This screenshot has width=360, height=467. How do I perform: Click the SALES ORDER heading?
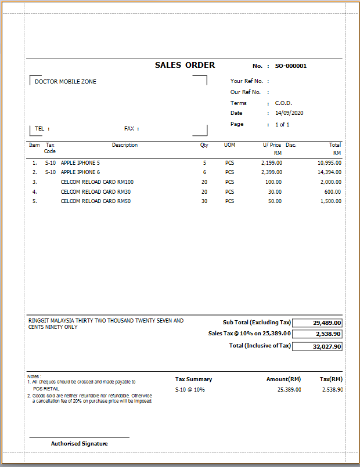185,66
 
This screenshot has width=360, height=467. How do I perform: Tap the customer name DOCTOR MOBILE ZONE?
66,82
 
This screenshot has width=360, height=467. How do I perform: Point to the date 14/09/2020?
289,113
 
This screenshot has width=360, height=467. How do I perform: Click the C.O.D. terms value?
283,103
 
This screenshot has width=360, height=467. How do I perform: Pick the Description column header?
125,145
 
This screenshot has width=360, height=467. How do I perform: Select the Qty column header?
204,145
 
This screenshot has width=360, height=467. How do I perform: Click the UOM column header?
229,145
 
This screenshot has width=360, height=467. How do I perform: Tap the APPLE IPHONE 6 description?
80,172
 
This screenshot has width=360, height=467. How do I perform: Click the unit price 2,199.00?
271,163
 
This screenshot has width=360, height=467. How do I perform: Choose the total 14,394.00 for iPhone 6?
329,172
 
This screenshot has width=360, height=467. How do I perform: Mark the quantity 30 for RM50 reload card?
204,201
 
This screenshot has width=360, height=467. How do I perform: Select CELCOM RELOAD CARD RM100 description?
97,182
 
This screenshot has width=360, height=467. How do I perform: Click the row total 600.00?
333,191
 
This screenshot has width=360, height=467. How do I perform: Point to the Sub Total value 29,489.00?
327,323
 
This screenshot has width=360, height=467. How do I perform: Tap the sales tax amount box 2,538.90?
328,334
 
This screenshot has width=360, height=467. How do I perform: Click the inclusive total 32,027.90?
327,346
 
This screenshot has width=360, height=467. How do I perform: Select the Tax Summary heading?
193,379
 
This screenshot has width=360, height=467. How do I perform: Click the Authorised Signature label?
80,444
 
